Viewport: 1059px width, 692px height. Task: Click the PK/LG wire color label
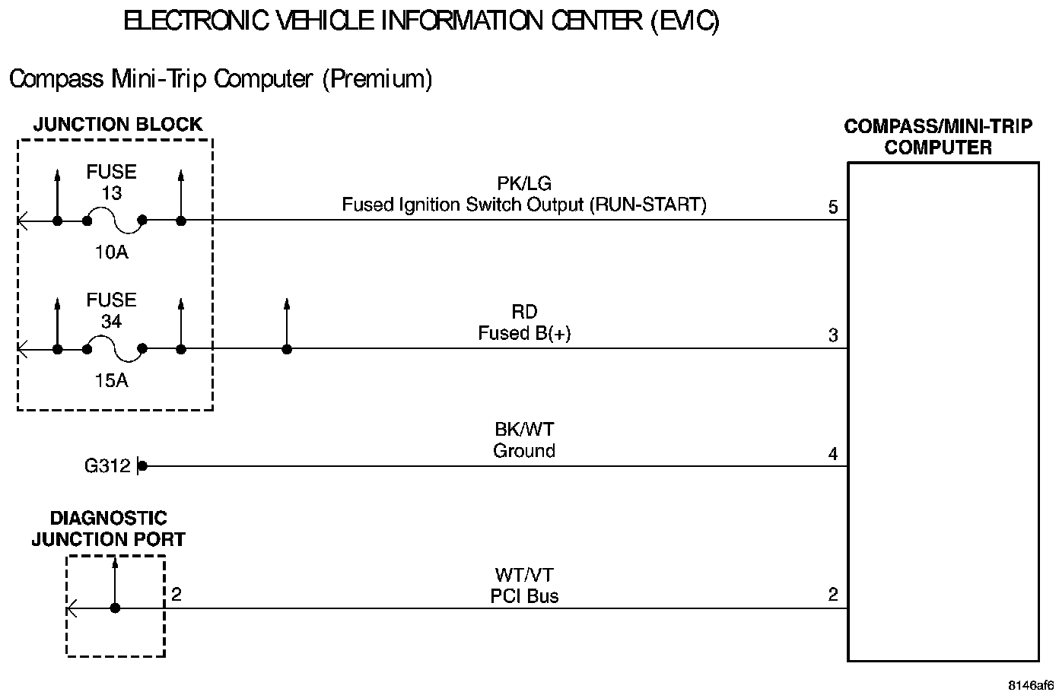[x=523, y=183]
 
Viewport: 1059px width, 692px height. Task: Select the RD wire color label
[x=524, y=312]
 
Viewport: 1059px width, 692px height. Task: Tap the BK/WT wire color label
[x=524, y=430]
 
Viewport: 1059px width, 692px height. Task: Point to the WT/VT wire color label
[x=524, y=575]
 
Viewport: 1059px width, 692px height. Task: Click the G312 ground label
[x=107, y=466]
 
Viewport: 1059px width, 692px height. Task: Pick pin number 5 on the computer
[x=833, y=207]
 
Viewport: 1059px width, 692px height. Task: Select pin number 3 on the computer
[x=833, y=335]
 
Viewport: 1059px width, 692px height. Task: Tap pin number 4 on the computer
[x=833, y=454]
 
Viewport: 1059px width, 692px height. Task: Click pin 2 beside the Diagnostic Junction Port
[x=176, y=594]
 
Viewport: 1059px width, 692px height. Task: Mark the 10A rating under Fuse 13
[x=111, y=252]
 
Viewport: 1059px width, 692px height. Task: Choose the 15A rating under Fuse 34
[x=111, y=381]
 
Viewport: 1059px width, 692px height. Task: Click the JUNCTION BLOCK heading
[x=118, y=124]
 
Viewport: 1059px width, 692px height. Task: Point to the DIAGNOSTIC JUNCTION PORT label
[x=108, y=529]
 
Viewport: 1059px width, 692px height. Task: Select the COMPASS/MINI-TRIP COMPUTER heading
[x=938, y=137]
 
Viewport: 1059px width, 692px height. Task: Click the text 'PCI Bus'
[x=524, y=596]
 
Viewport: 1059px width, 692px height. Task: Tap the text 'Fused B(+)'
[x=524, y=333]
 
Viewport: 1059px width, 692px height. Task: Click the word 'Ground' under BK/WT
[x=524, y=451]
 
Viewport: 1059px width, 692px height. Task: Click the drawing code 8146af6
[x=1032, y=684]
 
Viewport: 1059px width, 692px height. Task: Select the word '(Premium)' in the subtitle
[x=377, y=79]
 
